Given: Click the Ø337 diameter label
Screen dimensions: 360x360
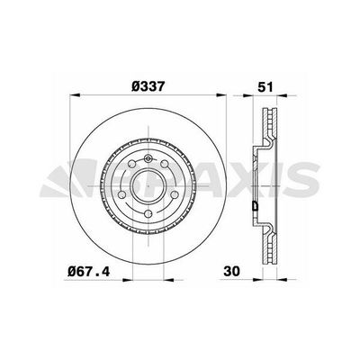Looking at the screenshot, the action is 148,86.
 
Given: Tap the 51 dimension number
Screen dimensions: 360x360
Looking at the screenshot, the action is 265,87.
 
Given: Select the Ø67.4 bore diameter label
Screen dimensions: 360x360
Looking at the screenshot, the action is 89,272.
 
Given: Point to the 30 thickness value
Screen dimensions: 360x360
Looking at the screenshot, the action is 231,271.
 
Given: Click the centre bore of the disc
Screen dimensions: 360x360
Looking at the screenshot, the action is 148,186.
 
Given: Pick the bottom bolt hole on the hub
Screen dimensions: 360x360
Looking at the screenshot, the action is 148,214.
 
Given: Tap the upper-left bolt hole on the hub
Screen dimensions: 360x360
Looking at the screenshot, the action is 131,164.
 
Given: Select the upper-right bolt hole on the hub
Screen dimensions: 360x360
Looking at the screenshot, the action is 164,164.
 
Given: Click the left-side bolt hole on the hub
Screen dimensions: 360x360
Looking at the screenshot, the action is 121,195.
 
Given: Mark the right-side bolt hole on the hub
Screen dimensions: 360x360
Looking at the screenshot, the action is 175,195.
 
